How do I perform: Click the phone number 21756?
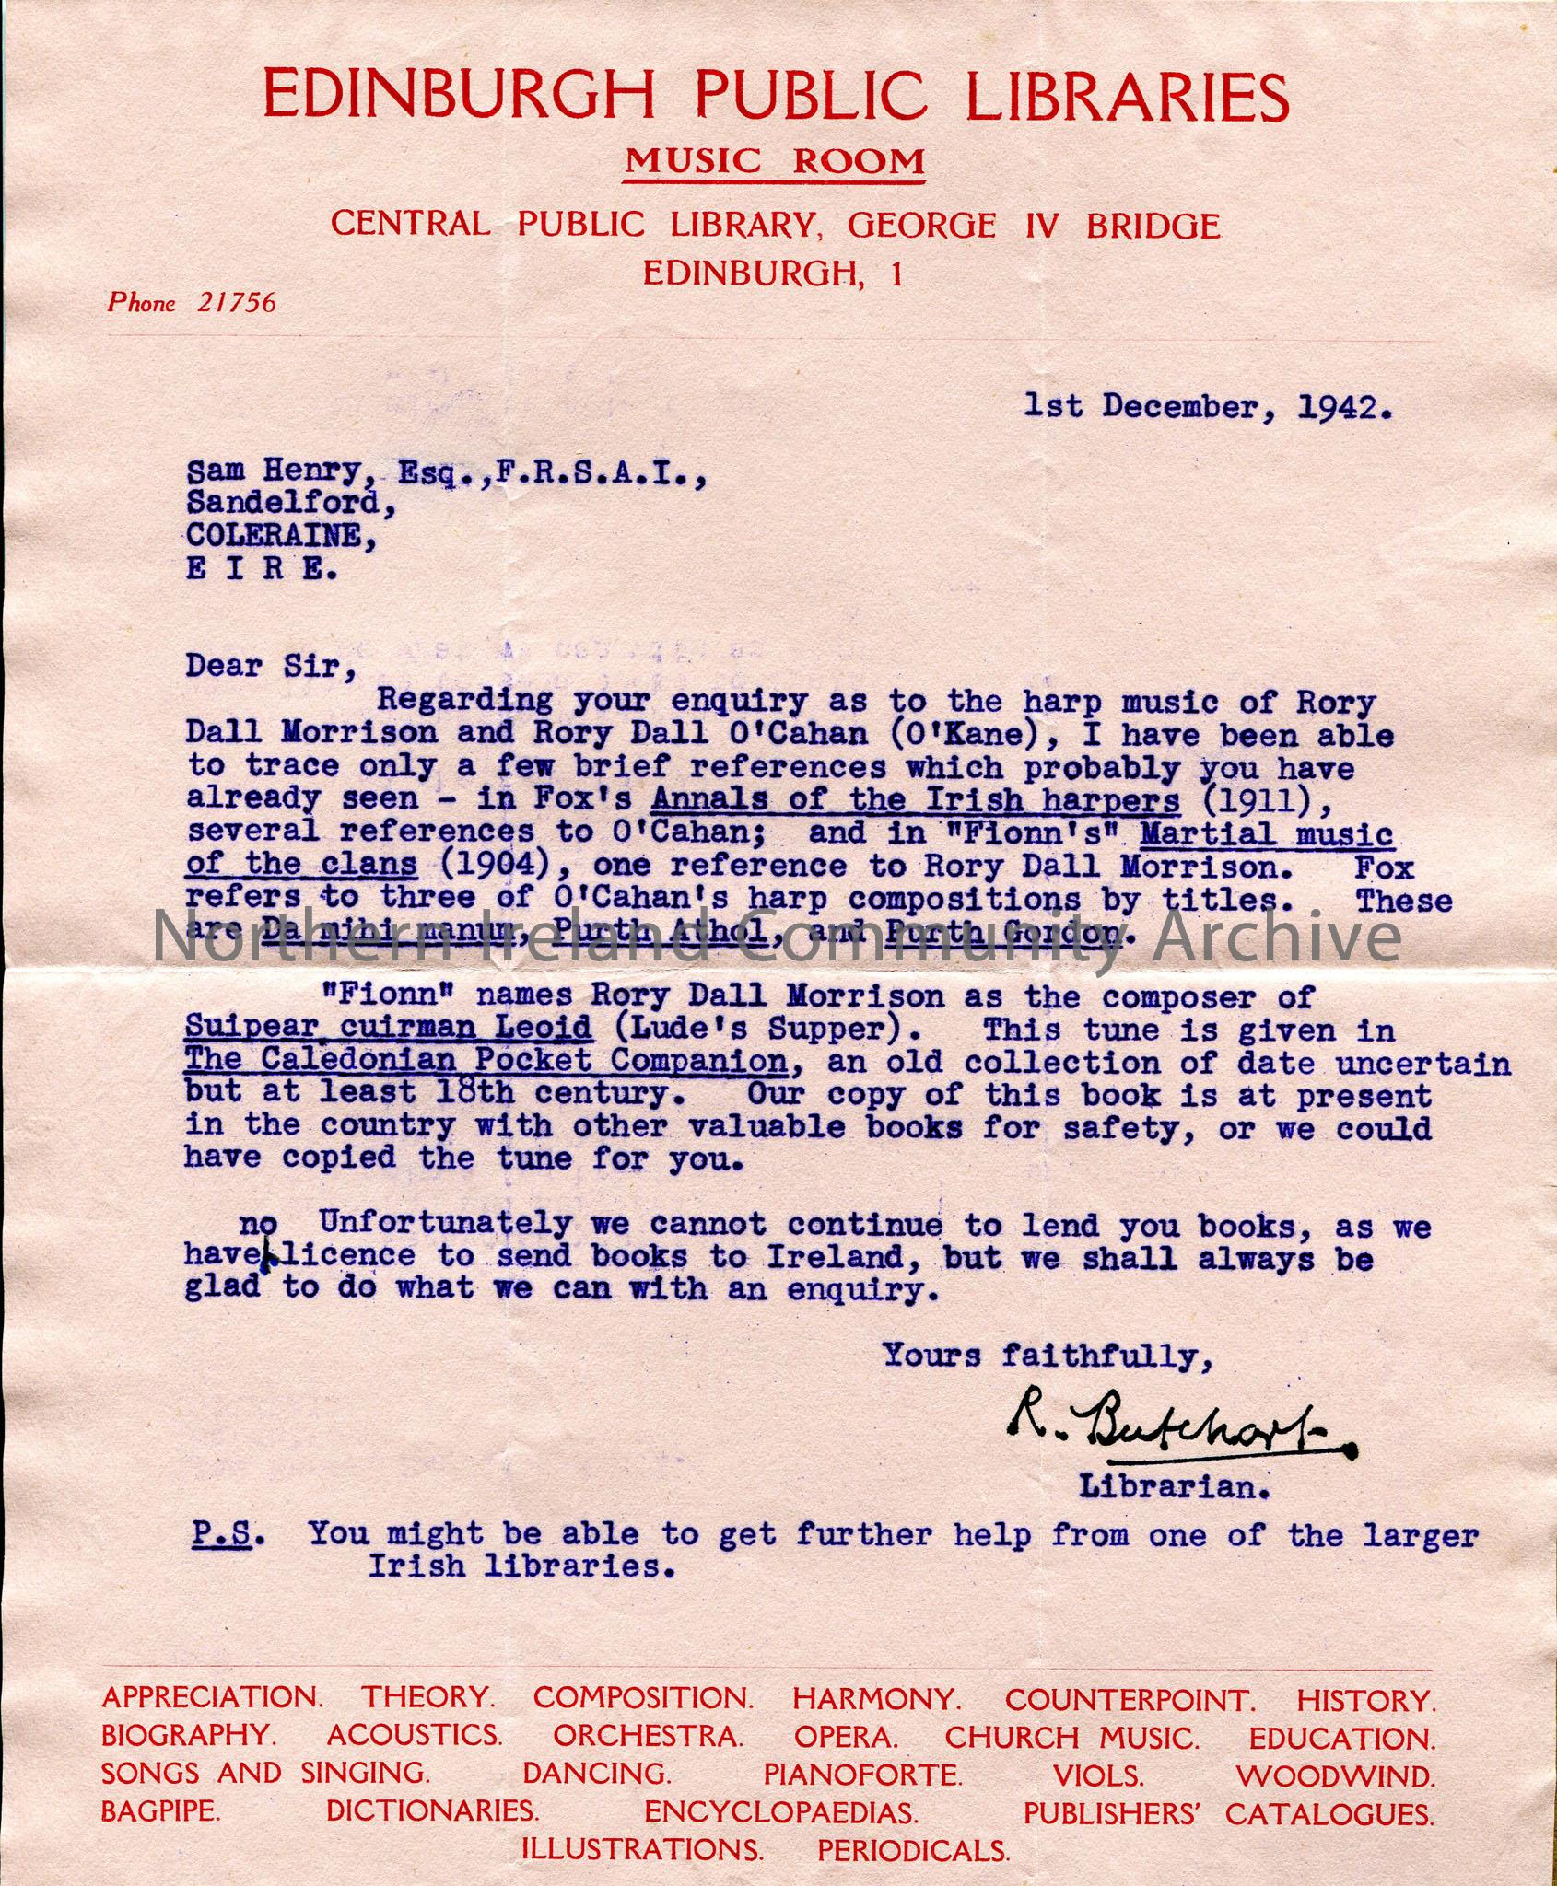[x=236, y=303]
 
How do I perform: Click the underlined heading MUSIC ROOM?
[x=774, y=162]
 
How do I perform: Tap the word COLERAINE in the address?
[x=279, y=536]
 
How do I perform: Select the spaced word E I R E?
[x=262, y=569]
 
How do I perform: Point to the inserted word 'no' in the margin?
[x=258, y=1224]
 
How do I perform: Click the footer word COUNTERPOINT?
[x=1129, y=1700]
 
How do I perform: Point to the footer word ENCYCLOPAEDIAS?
[x=780, y=1812]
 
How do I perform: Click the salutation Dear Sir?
[x=270, y=665]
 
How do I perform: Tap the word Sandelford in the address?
[x=283, y=503]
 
